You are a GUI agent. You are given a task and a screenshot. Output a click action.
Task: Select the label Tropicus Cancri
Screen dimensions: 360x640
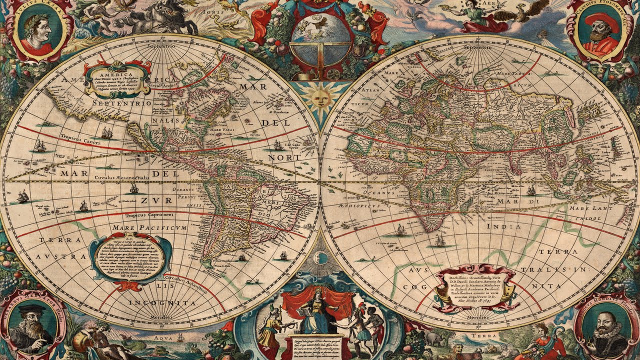click(78, 136)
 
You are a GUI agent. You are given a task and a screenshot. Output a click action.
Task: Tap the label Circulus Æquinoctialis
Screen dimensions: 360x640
click(120, 177)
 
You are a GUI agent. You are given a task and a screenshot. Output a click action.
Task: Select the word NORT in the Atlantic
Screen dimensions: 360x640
click(283, 157)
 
